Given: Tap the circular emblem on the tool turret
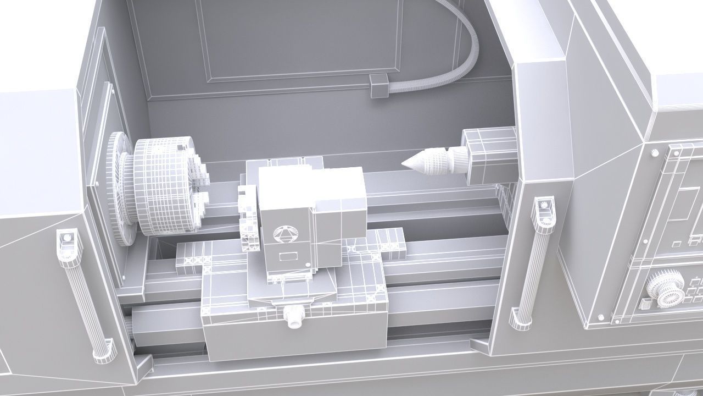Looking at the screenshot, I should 284,234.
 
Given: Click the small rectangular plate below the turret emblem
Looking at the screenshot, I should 287,256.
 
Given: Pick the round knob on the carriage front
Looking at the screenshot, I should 294,317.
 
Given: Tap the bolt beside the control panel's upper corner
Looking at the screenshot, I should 656,152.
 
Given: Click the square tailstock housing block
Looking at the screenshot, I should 489,155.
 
